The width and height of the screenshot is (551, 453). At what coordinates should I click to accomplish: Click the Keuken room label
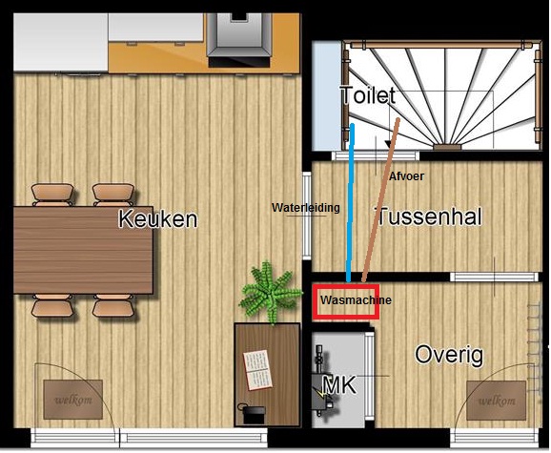click(x=158, y=218)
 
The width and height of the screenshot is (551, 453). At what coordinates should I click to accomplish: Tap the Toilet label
click(x=368, y=94)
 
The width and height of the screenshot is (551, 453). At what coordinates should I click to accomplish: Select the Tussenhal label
click(x=429, y=216)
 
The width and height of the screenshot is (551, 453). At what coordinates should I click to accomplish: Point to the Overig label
click(x=449, y=355)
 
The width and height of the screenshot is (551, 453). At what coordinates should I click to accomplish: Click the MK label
click(x=339, y=385)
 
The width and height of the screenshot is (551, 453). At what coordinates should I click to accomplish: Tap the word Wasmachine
click(x=356, y=300)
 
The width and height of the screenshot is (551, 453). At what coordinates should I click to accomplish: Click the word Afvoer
click(x=406, y=176)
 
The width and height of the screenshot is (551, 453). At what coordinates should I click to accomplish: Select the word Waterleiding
click(x=306, y=208)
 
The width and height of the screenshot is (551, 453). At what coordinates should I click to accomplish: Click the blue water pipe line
click(x=351, y=203)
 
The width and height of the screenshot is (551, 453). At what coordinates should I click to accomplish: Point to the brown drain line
click(x=381, y=200)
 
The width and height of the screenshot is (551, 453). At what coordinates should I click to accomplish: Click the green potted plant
click(x=271, y=292)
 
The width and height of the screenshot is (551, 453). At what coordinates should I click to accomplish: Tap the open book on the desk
click(x=258, y=370)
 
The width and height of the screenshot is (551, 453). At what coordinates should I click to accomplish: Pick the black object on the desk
click(x=253, y=414)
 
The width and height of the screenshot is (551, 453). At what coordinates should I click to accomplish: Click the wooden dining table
click(x=83, y=250)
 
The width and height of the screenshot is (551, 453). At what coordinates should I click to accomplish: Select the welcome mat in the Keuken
click(x=73, y=400)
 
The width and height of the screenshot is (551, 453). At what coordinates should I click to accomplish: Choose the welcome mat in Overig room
click(x=496, y=401)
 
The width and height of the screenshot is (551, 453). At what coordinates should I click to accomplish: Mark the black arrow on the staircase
click(x=389, y=144)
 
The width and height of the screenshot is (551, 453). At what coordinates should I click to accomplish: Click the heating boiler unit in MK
click(x=322, y=383)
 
